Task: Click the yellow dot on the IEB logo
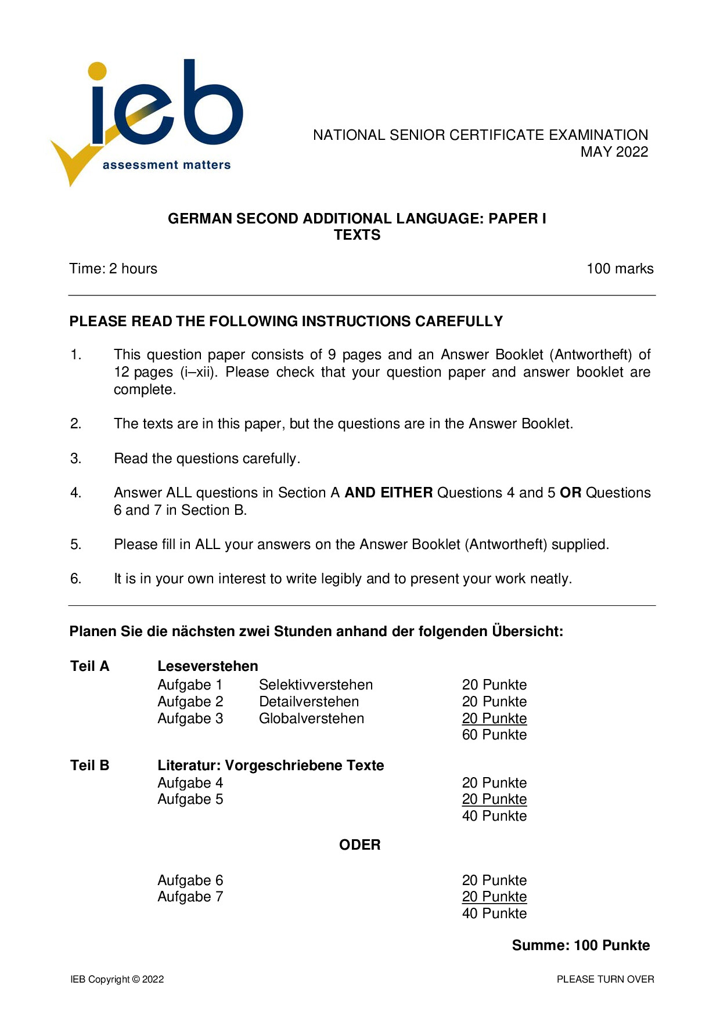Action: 98,71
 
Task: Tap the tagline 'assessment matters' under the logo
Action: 167,165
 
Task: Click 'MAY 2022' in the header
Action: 614,152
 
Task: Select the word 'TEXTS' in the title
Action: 357,235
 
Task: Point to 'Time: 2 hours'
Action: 113,269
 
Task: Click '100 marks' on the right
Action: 620,269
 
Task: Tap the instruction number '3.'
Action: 76,459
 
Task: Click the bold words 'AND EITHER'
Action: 388,493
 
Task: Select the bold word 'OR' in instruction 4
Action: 570,493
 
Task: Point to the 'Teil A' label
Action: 89,666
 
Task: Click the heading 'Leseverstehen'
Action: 207,666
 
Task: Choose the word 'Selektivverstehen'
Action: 316,685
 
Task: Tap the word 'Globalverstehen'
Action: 311,719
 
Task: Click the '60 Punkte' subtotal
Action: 494,735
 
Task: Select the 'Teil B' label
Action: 89,766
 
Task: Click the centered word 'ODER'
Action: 359,845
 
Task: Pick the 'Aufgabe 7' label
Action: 190,897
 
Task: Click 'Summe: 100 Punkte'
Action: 581,945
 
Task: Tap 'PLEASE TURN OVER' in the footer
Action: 605,980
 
